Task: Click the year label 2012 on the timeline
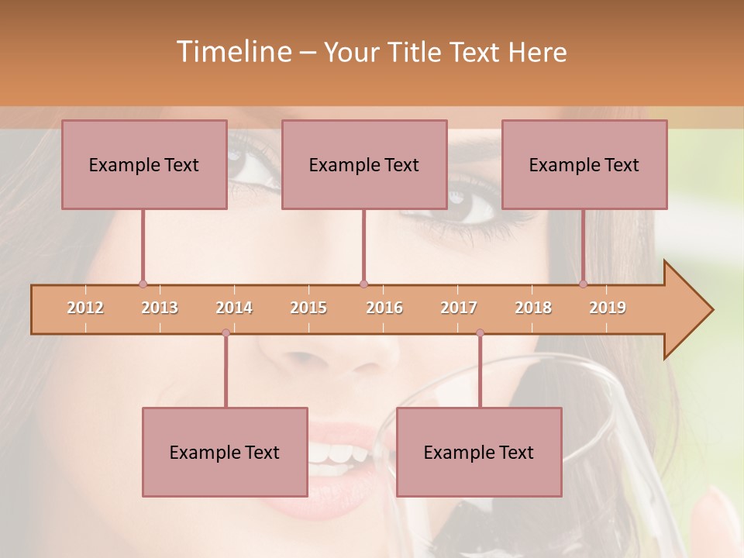coord(85,308)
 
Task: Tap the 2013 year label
coord(160,308)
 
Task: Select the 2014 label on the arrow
coord(234,308)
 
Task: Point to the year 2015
coord(308,308)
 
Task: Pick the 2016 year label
coord(384,308)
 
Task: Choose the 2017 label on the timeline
coord(459,308)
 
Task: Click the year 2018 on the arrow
coord(533,308)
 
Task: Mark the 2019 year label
coord(608,308)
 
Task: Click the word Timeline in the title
coord(232,52)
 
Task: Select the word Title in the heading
coord(416,52)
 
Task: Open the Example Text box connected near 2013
coord(144,164)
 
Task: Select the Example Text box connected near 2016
coord(364,164)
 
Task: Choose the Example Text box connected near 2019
coord(584,164)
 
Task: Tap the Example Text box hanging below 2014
coord(225,452)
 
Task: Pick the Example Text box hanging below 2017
coord(479,452)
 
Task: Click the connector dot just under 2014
coord(226,332)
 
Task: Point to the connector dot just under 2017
coord(480,332)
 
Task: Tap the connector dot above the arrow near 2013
coord(143,284)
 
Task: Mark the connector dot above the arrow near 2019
coord(583,284)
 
